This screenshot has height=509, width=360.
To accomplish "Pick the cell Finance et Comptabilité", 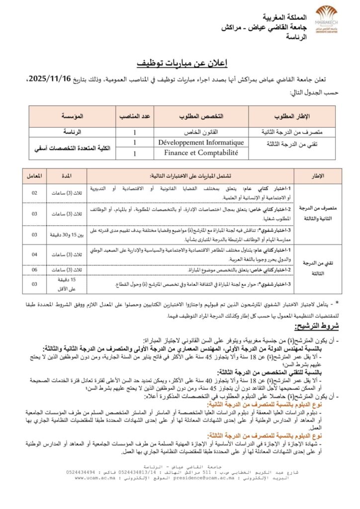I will click(x=201, y=154).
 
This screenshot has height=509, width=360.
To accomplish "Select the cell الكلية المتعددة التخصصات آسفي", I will click(x=73, y=148).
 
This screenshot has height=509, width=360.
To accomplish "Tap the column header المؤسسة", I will click(x=73, y=116).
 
